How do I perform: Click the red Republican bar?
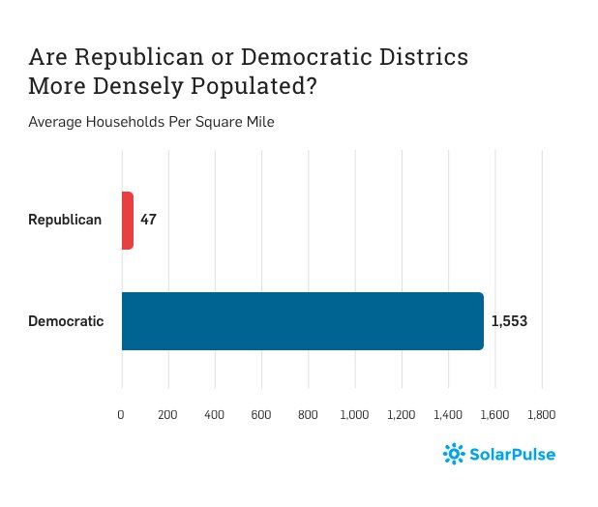tap(127, 220)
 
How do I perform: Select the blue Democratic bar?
tap(302, 320)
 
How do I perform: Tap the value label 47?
tap(148, 220)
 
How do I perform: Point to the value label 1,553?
tap(509, 320)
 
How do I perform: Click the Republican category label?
tap(65, 220)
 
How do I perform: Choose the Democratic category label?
tap(66, 320)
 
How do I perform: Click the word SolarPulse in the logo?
tap(513, 453)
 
